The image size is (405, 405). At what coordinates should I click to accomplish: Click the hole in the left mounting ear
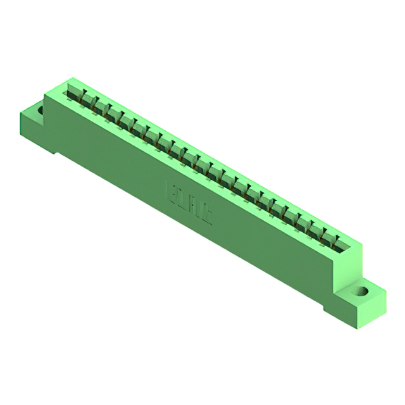coord(40,111)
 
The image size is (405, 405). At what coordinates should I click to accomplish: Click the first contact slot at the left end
coord(77,94)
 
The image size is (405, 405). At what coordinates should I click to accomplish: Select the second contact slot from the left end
coord(89,101)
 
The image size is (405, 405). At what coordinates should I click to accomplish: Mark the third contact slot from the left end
coord(102,108)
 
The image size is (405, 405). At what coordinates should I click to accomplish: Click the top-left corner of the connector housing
coord(45,95)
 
